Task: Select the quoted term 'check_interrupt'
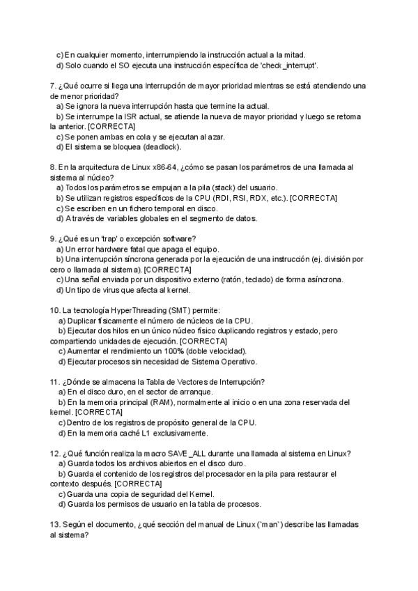[x=290, y=65]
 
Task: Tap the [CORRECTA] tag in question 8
[x=313, y=199]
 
